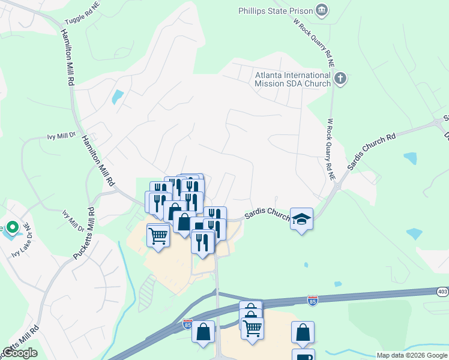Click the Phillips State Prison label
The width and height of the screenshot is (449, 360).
[276, 11]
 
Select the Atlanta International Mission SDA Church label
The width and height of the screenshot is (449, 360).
[293, 79]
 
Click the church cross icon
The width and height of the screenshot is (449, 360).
[340, 78]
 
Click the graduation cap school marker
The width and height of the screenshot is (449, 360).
[301, 218]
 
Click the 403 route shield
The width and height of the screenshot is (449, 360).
[442, 291]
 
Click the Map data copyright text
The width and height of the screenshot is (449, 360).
[412, 355]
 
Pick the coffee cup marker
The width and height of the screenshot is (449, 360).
[303, 356]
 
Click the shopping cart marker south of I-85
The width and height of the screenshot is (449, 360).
[252, 328]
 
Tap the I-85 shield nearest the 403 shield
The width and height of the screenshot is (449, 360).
[312, 299]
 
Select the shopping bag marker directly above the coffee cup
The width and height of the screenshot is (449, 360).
[303, 331]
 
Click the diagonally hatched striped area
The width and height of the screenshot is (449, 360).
[148, 290]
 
